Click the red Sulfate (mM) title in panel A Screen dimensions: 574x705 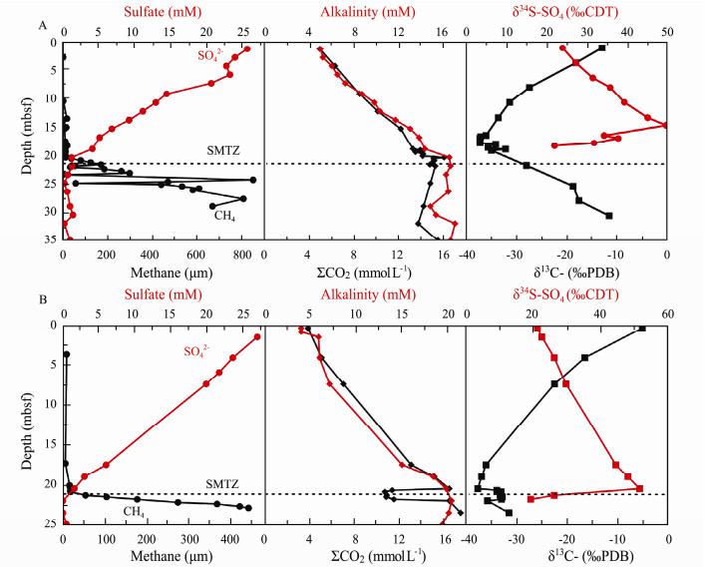click(163, 12)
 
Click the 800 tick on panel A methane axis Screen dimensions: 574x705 click(242, 254)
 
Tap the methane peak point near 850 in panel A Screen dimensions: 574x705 click(253, 180)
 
